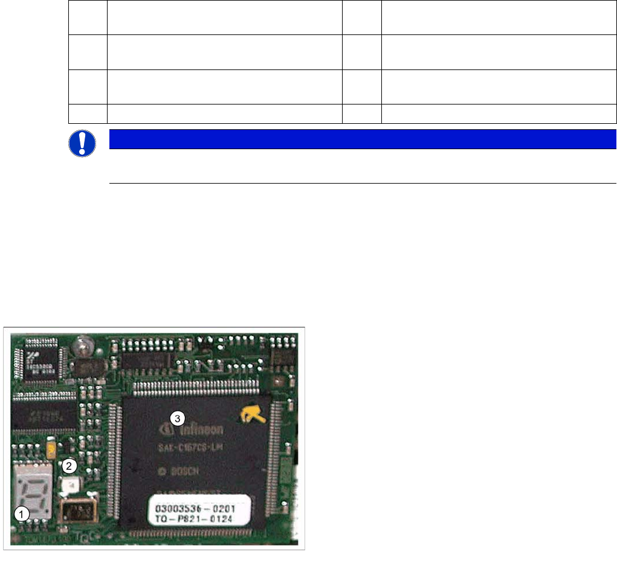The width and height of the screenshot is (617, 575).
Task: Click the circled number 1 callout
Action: click(22, 514)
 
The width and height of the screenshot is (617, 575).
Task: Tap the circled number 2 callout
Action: click(70, 465)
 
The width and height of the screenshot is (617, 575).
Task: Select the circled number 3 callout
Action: click(176, 418)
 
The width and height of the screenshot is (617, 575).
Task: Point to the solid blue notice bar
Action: click(361, 139)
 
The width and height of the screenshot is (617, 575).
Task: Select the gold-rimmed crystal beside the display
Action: click(74, 512)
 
